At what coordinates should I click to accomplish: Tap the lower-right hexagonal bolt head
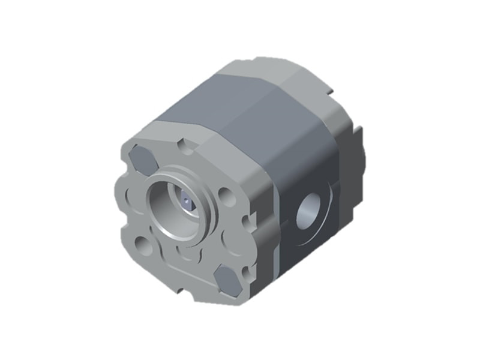pos(229,280)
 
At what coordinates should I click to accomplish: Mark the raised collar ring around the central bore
pos(205,180)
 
